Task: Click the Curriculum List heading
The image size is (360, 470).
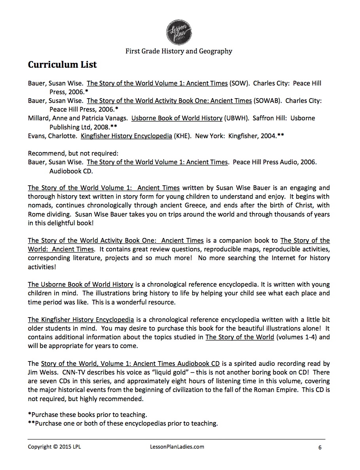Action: point(62,65)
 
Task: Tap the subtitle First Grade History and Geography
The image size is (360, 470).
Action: point(179,51)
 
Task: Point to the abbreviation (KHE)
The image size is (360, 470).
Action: point(183,135)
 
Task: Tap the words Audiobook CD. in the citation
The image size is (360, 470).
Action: point(71,171)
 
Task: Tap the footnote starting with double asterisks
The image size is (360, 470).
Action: point(123,423)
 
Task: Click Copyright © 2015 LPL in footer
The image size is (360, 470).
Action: point(54,447)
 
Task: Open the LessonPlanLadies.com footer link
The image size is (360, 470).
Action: point(174,447)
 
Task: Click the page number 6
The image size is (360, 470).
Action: point(320,447)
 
